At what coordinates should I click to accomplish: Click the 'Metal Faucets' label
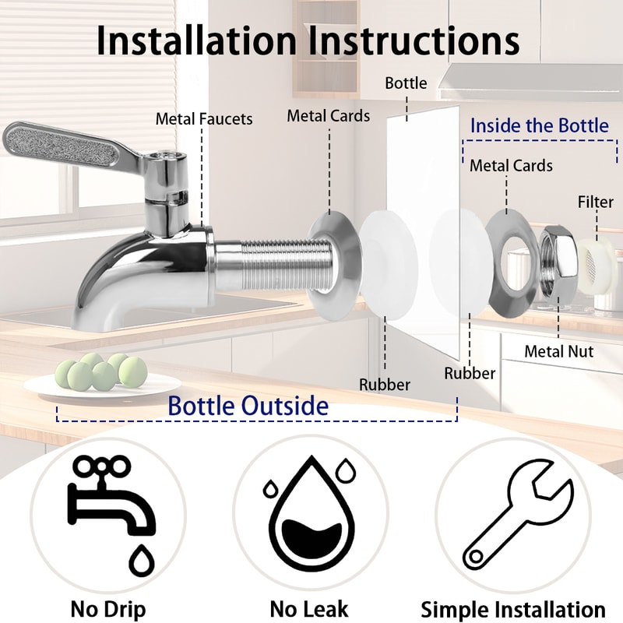[x=204, y=119]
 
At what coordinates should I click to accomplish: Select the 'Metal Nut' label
[x=558, y=351]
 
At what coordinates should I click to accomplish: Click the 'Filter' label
[x=595, y=202]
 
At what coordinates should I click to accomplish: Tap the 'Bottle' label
[x=406, y=83]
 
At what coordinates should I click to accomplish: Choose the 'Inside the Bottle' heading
[x=539, y=126]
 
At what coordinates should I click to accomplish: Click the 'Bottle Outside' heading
[x=248, y=406]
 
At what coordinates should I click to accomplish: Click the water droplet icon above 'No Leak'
[x=310, y=514]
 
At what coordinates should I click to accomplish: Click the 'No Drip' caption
[x=107, y=608]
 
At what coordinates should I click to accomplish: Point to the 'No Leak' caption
[x=309, y=608]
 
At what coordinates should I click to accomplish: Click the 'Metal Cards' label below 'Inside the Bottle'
[x=511, y=166]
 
